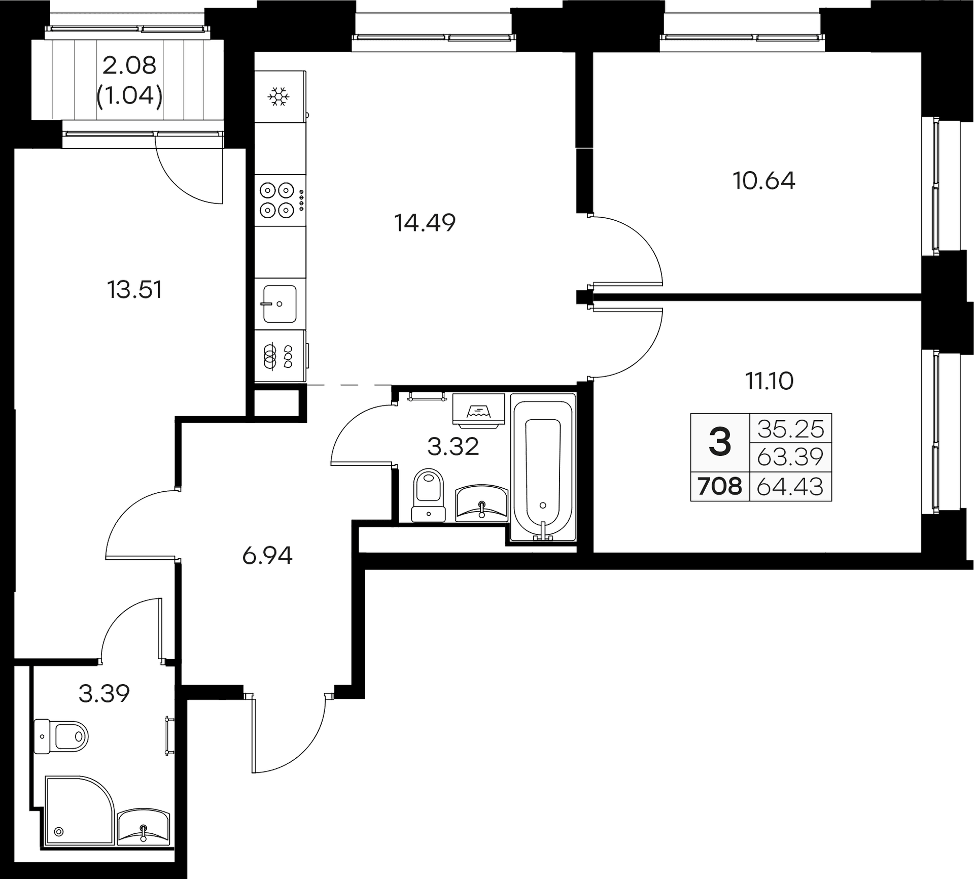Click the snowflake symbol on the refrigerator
pos(279,96)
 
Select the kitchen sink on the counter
pos(280,303)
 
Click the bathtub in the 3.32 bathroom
pos(543,467)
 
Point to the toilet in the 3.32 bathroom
pos(429,495)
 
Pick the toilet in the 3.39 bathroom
pos(61,735)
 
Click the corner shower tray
pos(79,810)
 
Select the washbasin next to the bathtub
pos(481,504)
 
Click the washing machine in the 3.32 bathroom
pos(478,409)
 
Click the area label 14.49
pos(425,223)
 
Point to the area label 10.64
pos(764,181)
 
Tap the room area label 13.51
pos(135,290)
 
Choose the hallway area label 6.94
pos(267,556)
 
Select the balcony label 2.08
pos(129,65)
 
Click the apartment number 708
pos(720,487)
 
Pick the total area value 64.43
pos(790,487)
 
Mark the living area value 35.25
pos(791,429)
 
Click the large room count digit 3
pos(720,442)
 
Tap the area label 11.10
pos(769,381)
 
